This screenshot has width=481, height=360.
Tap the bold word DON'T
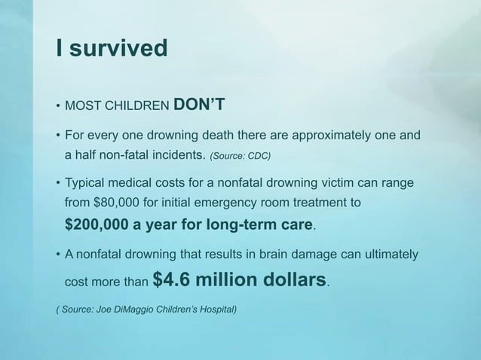point(197,102)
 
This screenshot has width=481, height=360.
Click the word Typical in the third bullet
point(87,184)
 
